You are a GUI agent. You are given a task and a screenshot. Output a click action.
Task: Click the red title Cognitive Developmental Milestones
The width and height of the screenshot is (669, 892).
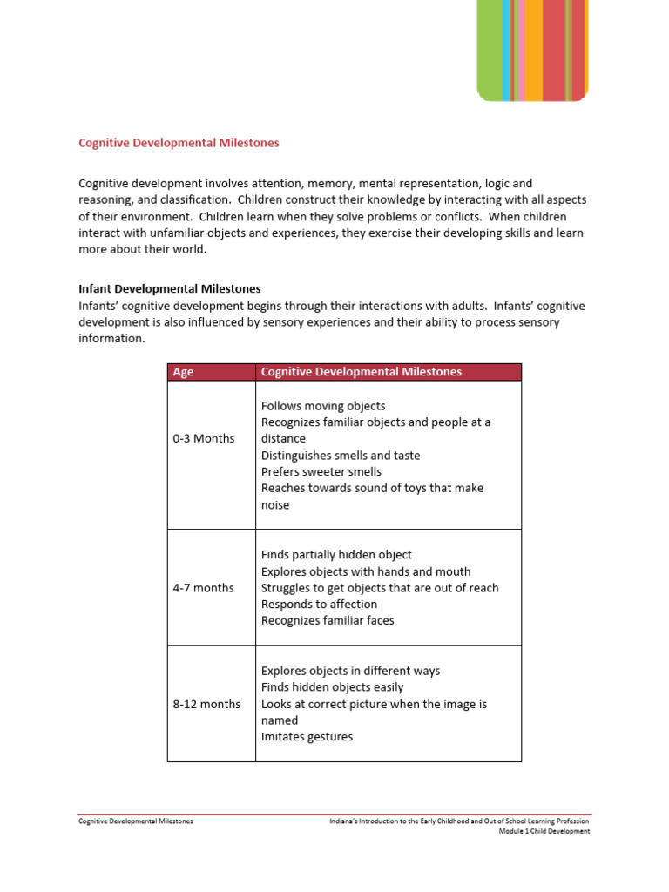(x=179, y=143)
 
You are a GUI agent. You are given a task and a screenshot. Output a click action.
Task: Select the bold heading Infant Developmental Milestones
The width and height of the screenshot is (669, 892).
(x=170, y=288)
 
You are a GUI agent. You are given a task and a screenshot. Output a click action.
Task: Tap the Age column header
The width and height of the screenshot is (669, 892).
(x=184, y=372)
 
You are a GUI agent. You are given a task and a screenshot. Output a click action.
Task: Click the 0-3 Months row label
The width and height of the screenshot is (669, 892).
(x=204, y=438)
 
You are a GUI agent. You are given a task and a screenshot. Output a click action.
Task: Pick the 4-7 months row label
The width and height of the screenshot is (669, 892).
(x=203, y=588)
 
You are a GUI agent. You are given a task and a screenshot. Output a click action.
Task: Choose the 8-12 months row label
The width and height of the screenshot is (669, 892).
(x=206, y=704)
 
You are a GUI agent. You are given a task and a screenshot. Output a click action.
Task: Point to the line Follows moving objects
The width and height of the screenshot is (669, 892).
(x=323, y=406)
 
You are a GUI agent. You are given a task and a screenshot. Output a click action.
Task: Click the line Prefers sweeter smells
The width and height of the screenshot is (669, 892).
(x=321, y=472)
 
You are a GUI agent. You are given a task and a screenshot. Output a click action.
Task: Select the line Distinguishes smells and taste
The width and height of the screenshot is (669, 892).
(x=341, y=456)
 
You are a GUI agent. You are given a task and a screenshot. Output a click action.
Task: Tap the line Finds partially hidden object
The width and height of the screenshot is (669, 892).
(x=336, y=555)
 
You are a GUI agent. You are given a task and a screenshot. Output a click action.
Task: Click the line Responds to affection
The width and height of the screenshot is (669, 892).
(x=319, y=605)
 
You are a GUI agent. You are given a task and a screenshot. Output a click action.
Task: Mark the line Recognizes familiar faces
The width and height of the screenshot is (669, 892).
(x=328, y=621)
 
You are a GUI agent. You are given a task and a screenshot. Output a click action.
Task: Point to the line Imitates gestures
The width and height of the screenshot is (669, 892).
(x=307, y=737)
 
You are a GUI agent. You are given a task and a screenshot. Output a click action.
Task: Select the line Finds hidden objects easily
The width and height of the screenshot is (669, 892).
(x=332, y=687)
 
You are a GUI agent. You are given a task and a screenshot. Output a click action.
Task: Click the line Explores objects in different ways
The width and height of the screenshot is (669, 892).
(x=350, y=671)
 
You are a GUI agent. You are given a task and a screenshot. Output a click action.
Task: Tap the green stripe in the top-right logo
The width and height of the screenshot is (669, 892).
(x=489, y=48)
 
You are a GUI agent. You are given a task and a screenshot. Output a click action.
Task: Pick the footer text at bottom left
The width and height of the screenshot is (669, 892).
(x=136, y=821)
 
